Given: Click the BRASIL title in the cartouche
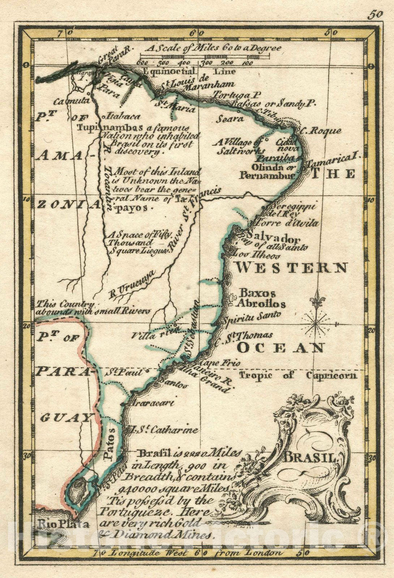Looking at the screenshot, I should pyautogui.click(x=310, y=458).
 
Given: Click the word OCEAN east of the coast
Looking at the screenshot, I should pyautogui.click(x=280, y=348).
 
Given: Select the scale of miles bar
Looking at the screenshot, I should pyautogui.click(x=205, y=56).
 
